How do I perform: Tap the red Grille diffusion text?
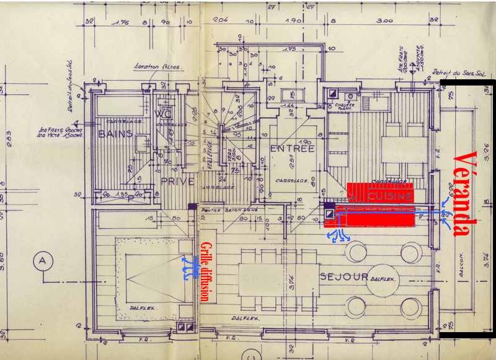coord(203,273)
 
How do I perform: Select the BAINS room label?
coord(112,133)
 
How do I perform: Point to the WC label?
coord(163,114)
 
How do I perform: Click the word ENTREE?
coord(292,149)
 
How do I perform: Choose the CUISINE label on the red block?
coord(390,196)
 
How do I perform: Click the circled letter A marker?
coord(43,260)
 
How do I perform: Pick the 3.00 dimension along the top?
coord(385,20)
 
